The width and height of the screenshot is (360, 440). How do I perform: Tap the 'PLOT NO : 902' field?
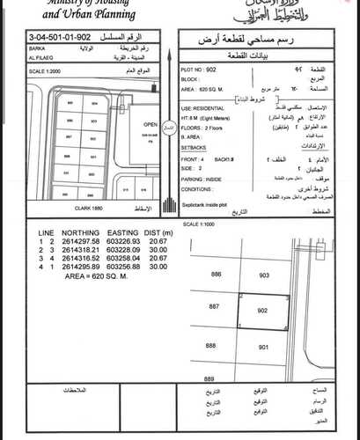tap(199, 67)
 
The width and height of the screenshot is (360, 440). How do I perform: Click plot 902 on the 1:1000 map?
tap(262, 311)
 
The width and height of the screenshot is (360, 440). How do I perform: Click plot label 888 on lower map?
tap(212, 347)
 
